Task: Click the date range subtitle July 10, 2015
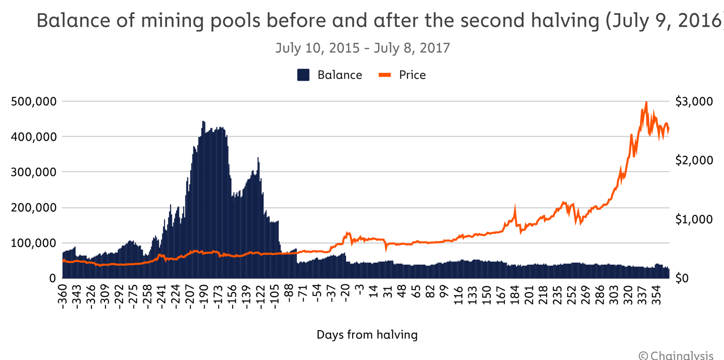[x=362, y=48]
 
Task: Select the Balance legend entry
[x=330, y=75]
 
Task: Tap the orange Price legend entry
[x=402, y=75]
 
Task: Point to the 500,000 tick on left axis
[x=34, y=101]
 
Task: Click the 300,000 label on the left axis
[x=34, y=172]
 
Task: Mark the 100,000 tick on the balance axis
[x=34, y=243]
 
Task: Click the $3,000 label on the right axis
[x=694, y=101]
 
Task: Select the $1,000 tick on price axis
[x=694, y=219]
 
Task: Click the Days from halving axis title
[x=367, y=335]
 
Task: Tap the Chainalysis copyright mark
[x=676, y=356]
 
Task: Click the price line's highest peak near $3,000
[x=646, y=103]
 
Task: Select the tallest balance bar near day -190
[x=204, y=122]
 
